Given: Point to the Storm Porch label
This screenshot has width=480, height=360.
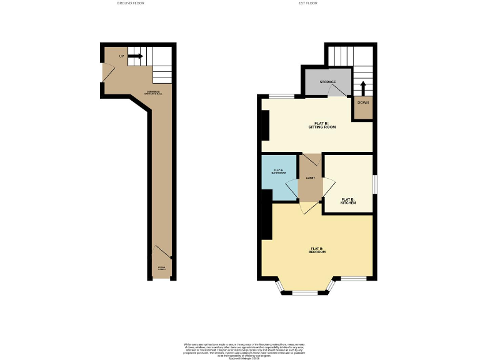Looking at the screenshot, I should tap(161, 269).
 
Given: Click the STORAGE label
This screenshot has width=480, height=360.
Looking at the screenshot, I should tap(327, 82).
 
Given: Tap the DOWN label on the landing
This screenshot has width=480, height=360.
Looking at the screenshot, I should tap(362, 102).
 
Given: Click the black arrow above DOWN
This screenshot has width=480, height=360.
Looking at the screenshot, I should tap(362, 86).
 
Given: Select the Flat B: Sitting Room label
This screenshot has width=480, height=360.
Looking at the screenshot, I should tap(322, 125).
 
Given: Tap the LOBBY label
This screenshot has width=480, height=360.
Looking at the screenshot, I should tap(310, 178).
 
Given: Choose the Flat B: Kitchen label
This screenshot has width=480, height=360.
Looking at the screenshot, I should tap(348, 201).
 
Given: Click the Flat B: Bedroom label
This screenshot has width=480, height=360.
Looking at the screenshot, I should tap(317, 250).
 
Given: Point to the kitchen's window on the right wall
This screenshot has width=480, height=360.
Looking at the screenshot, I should tap(374, 184).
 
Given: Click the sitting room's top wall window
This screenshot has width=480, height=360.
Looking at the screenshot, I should tap(282, 96).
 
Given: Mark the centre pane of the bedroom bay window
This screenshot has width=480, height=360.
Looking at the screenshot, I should tap(306, 292).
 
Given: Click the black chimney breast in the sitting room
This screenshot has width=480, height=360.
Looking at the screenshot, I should tap(265, 126).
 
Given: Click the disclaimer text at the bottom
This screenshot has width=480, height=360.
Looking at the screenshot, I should tap(240, 351).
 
